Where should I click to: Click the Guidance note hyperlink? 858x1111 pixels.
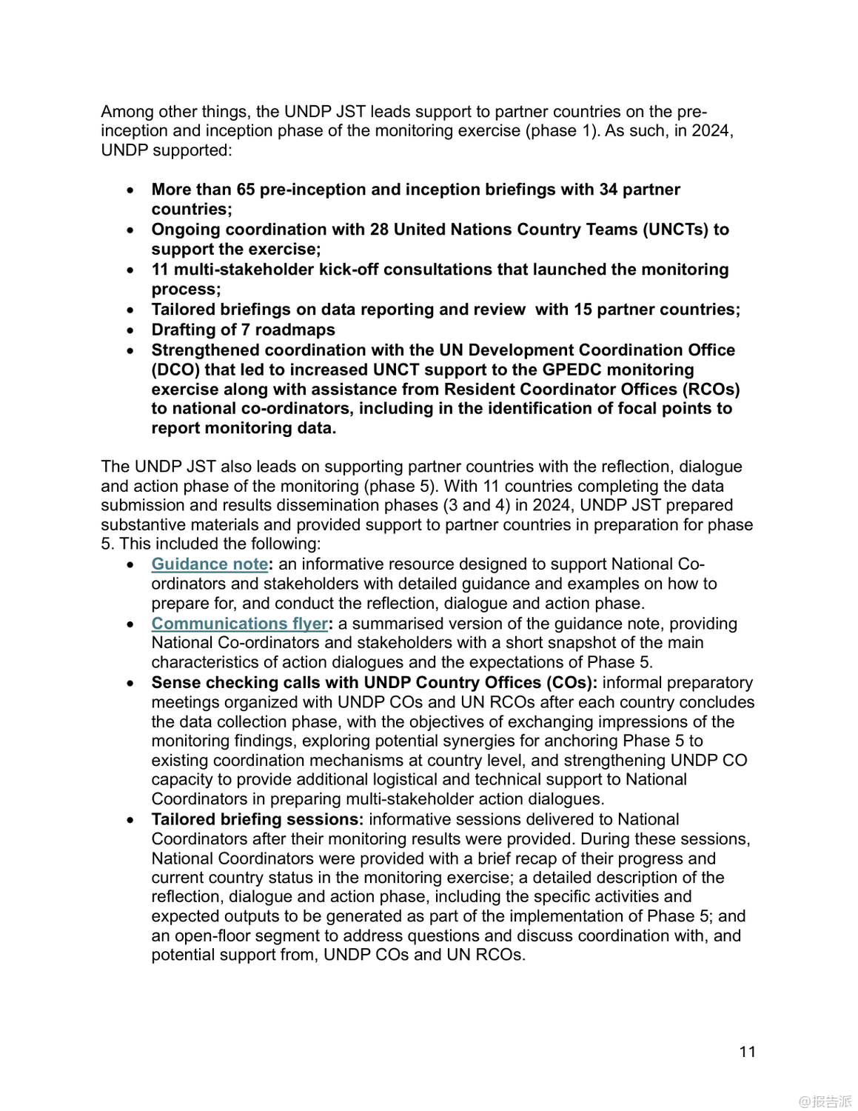tap(210, 564)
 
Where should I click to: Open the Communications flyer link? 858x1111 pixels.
tap(239, 624)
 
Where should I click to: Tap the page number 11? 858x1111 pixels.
tap(747, 1052)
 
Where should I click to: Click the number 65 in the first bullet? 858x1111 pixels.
tap(245, 190)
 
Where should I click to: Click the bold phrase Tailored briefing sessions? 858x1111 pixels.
tap(257, 819)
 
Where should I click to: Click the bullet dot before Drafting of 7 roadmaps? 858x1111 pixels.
tap(131, 330)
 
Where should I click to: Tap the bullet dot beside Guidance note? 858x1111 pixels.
tap(131, 565)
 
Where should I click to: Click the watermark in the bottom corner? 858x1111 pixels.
tap(825, 1101)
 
